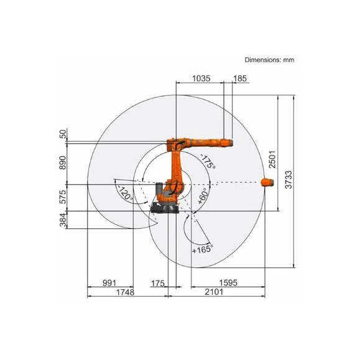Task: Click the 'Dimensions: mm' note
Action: pos(269,60)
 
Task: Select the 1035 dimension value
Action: pos(201,78)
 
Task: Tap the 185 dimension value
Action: pos(240,78)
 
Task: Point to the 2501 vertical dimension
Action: pos(272,159)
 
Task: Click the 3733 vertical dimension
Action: pos(288,180)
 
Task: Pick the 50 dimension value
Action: pos(63,134)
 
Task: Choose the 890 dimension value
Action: pos(63,162)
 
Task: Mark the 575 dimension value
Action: pos(63,197)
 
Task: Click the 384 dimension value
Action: pos(63,220)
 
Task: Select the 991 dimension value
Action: pos(109,283)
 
